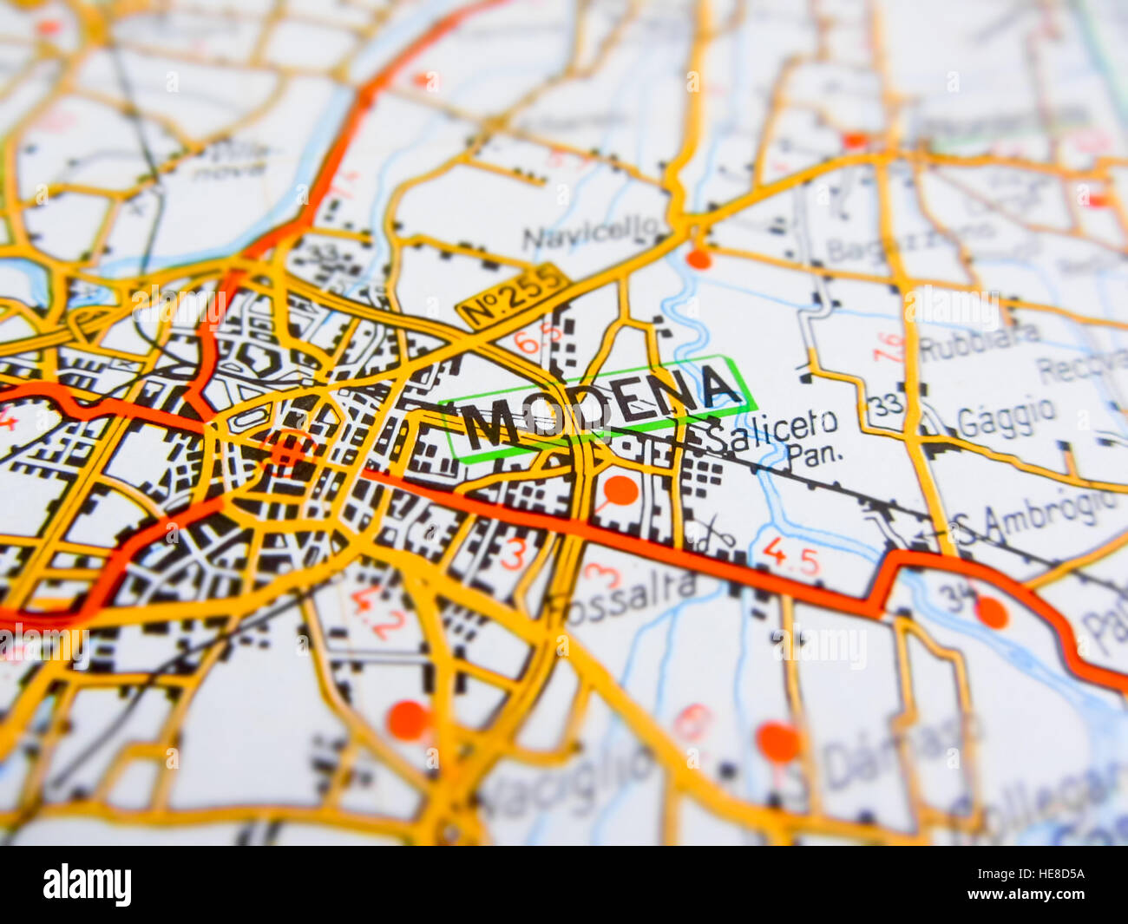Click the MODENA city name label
click(599, 407)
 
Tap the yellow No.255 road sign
click(512, 295)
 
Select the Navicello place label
click(590, 233)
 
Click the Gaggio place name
click(1007, 417)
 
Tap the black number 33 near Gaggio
click(885, 403)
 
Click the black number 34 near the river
click(958, 597)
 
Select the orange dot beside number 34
click(991, 613)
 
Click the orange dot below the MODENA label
click(620, 490)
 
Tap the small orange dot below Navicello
click(698, 259)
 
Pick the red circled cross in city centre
click(289, 449)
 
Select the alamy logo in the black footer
click(87, 885)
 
